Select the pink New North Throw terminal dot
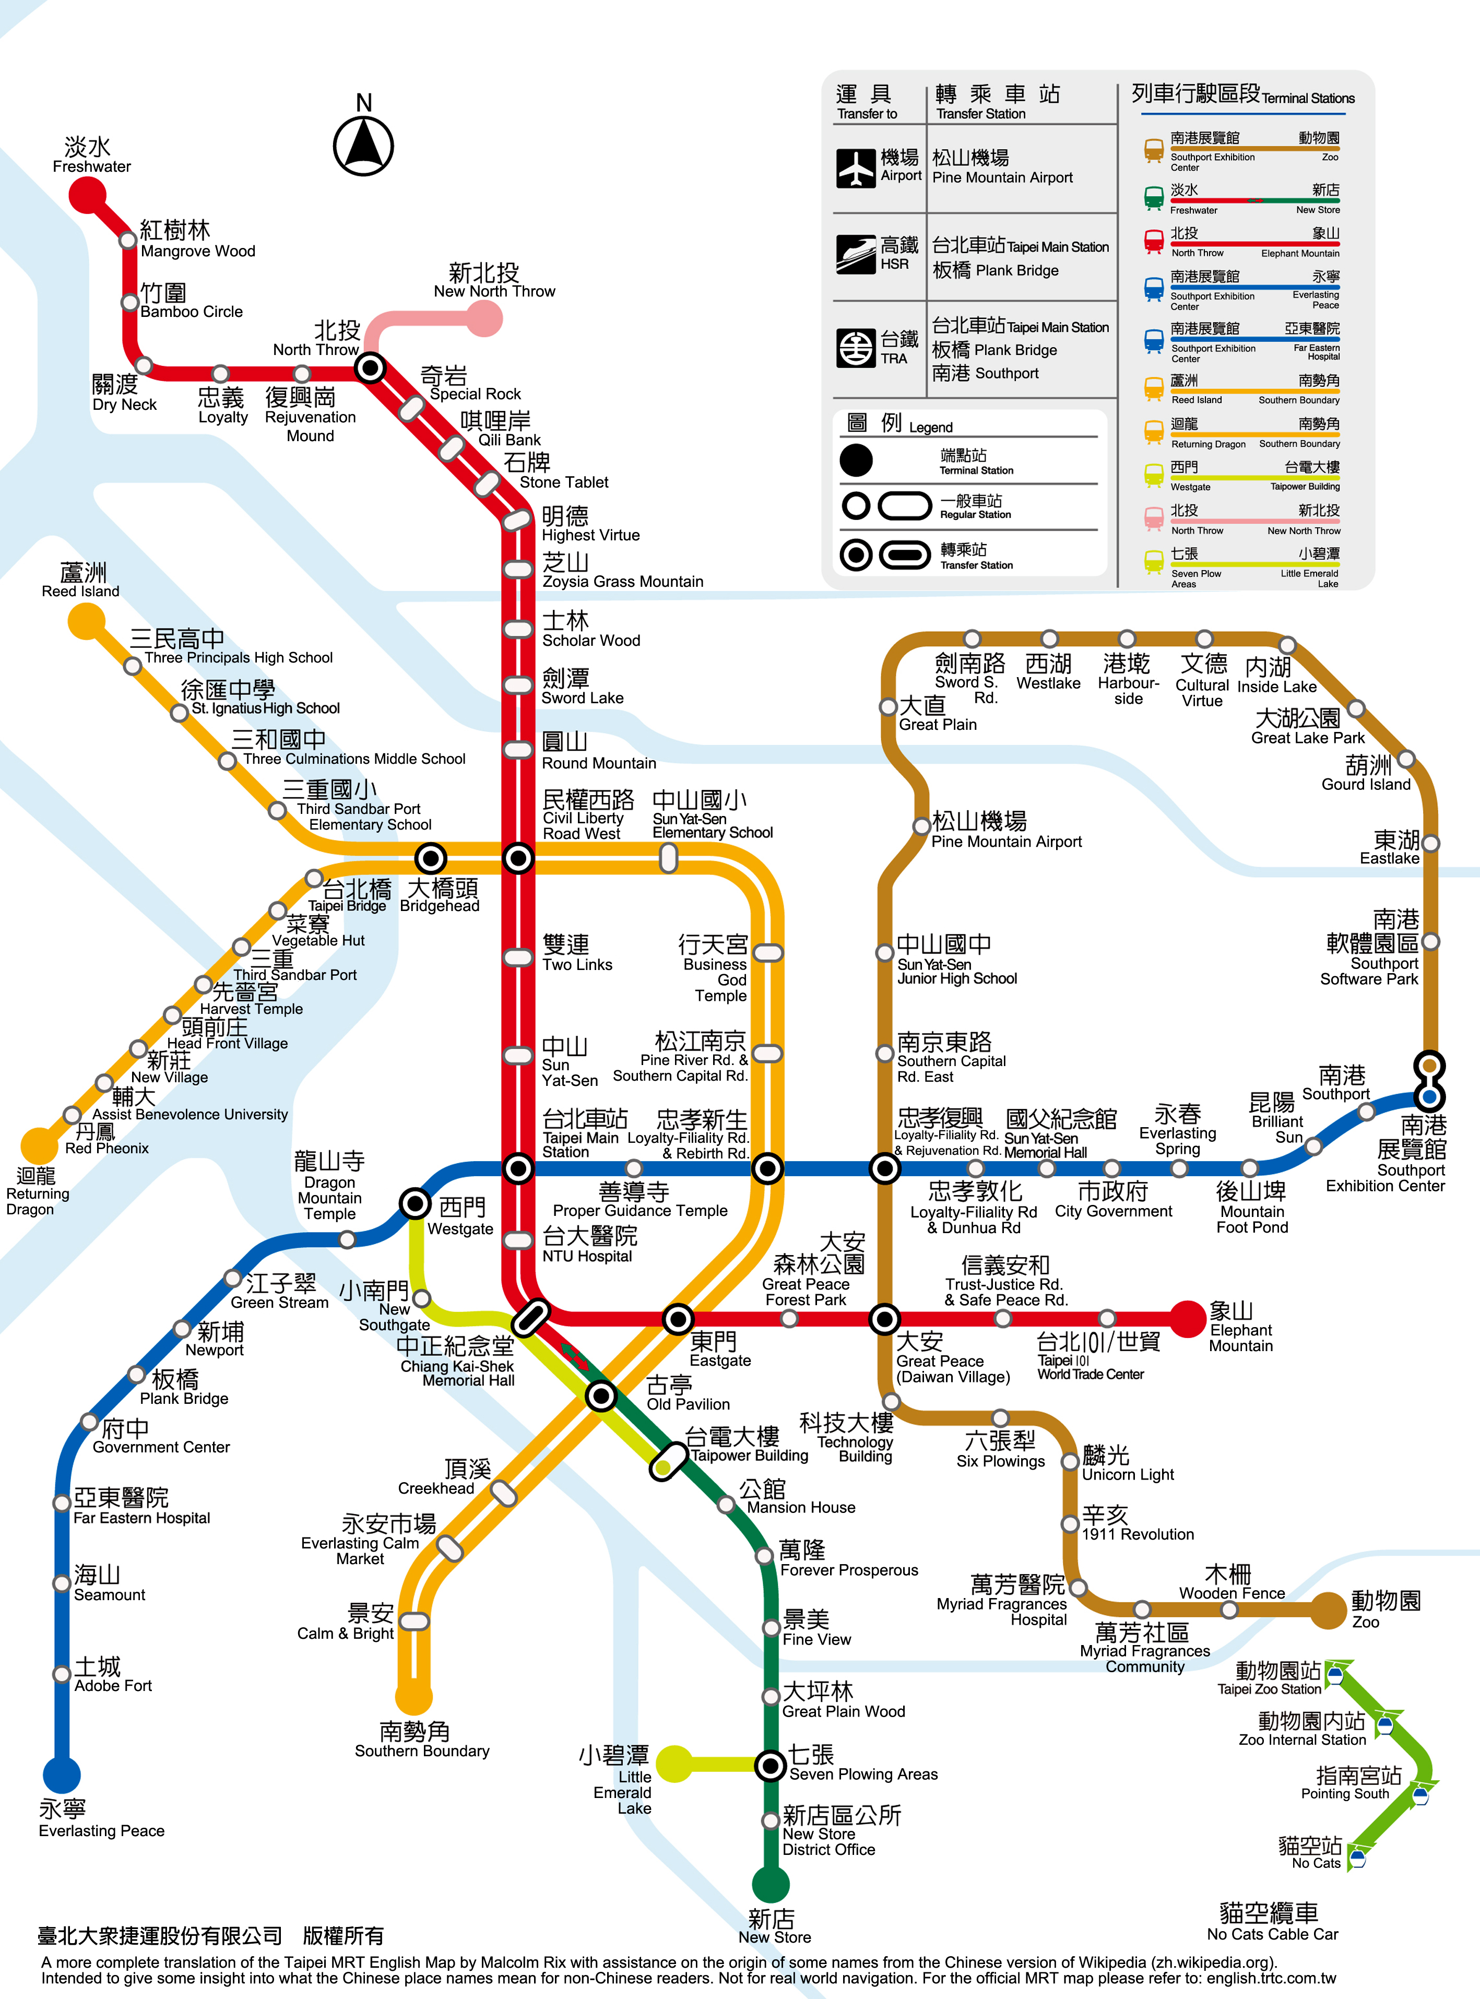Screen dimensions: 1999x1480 pyautogui.click(x=484, y=318)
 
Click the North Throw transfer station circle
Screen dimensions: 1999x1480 pyautogui.click(x=370, y=368)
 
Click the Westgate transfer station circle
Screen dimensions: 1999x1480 pyautogui.click(x=415, y=1203)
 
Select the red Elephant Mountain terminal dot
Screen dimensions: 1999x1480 pyautogui.click(x=1188, y=1319)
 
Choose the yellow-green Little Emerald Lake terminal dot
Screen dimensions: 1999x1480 pyautogui.click(x=674, y=1764)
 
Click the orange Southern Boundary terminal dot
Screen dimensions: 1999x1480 pyautogui.click(x=414, y=1696)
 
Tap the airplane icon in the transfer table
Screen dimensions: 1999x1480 pyautogui.click(x=857, y=168)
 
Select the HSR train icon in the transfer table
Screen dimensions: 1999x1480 pyautogui.click(x=857, y=254)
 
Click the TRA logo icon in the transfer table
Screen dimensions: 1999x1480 pyautogui.click(x=857, y=348)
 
